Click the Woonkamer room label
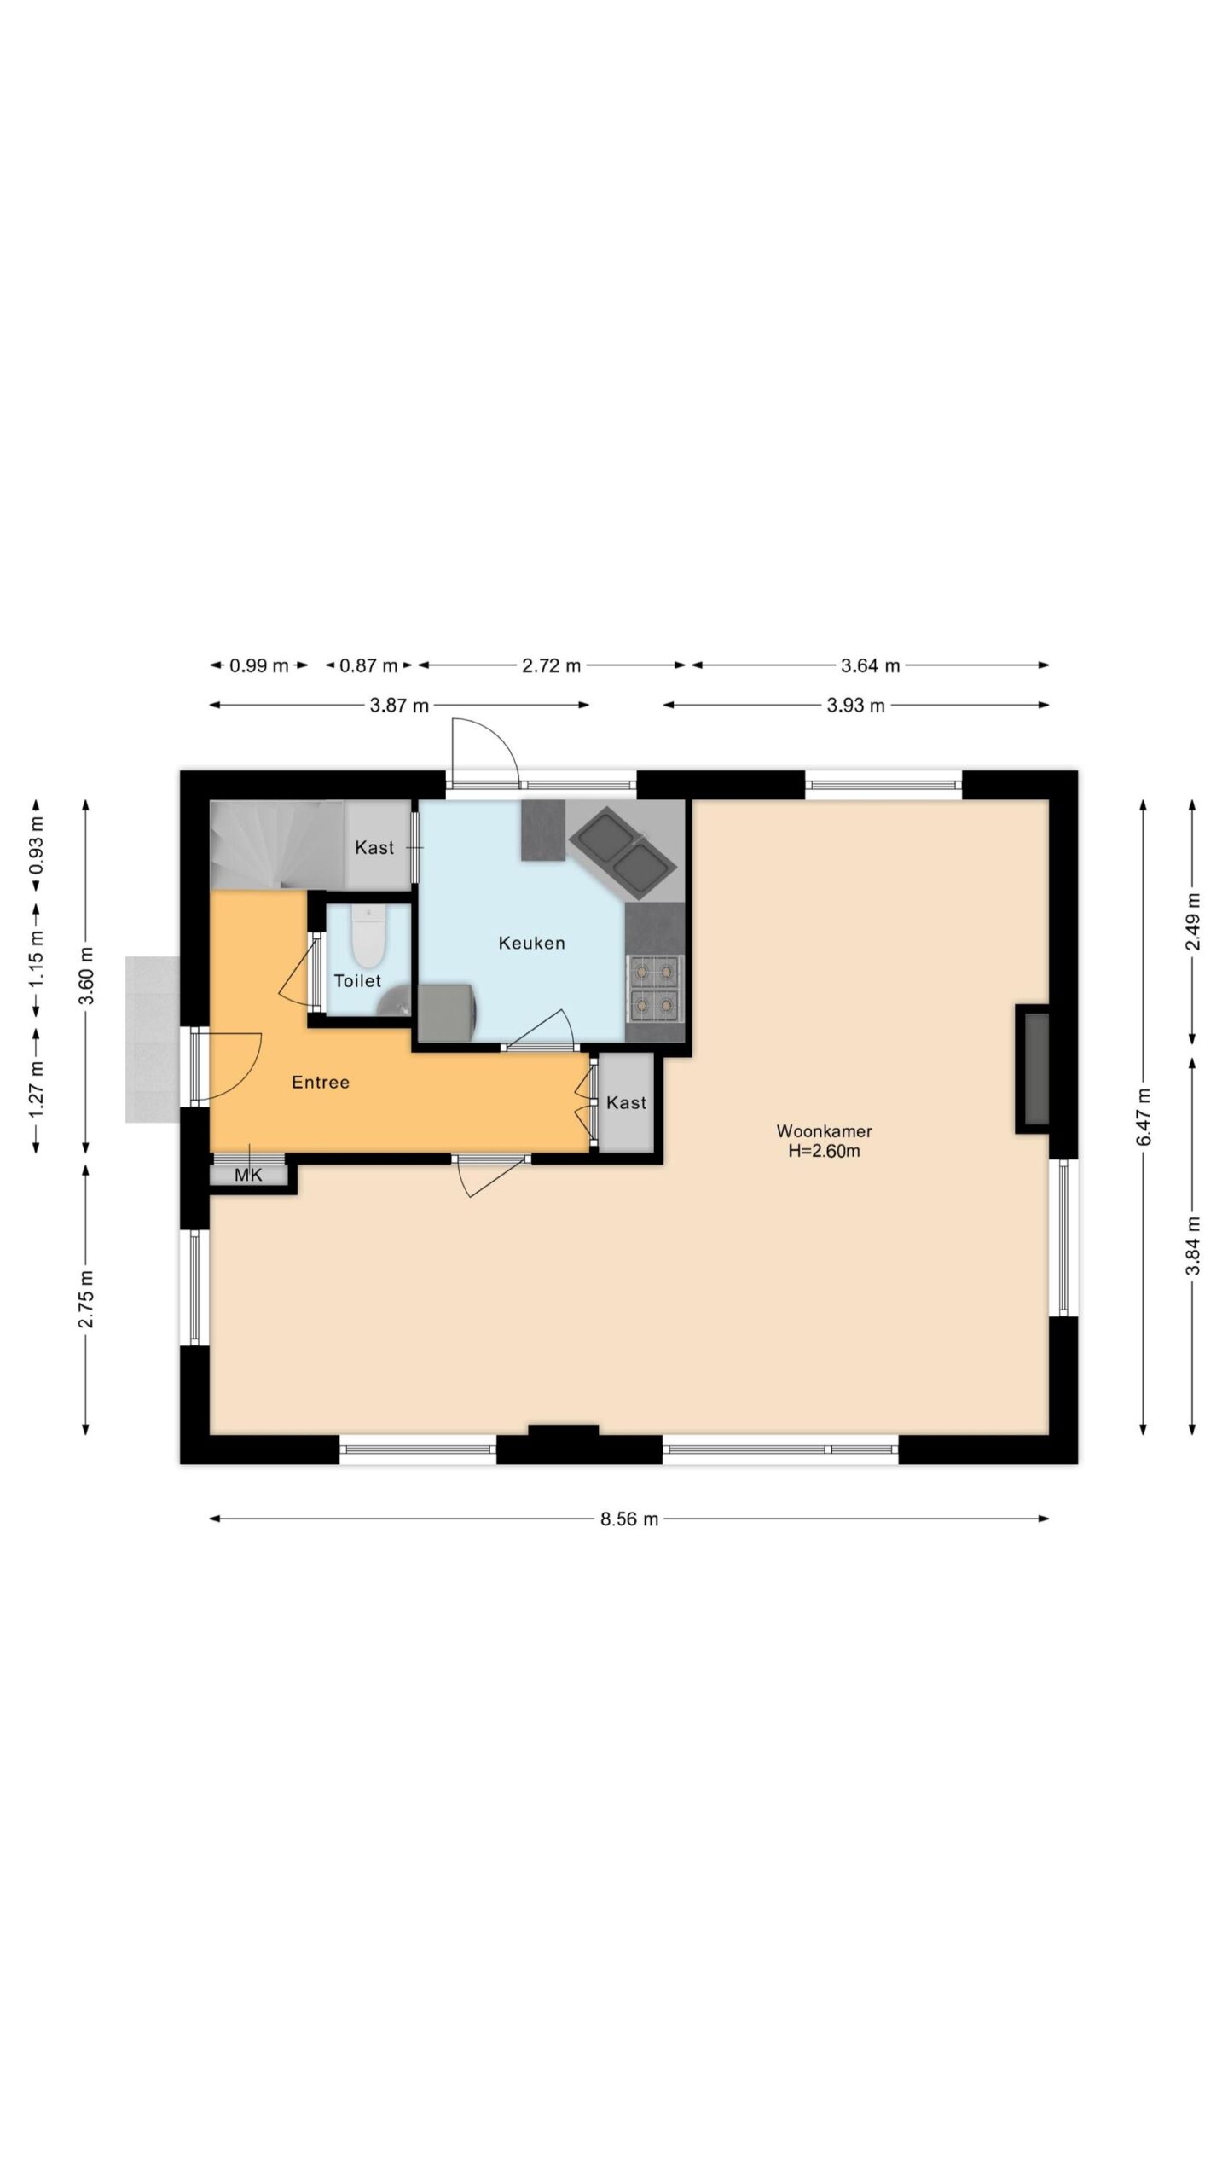coord(824,1131)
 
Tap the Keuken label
coord(531,943)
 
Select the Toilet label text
coord(357,981)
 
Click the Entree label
coord(321,1083)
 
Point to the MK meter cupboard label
coord(248,1176)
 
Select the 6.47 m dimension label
coord(1144,1118)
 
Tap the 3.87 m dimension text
coord(399,706)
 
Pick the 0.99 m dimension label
coord(259,666)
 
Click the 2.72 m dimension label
coord(551,666)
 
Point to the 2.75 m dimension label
coord(85,1299)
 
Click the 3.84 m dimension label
coord(1192,1246)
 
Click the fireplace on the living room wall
coord(1033,1069)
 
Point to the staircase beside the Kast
coord(277,845)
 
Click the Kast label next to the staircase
coord(374,848)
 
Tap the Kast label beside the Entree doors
coord(626,1103)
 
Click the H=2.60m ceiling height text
coord(824,1152)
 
